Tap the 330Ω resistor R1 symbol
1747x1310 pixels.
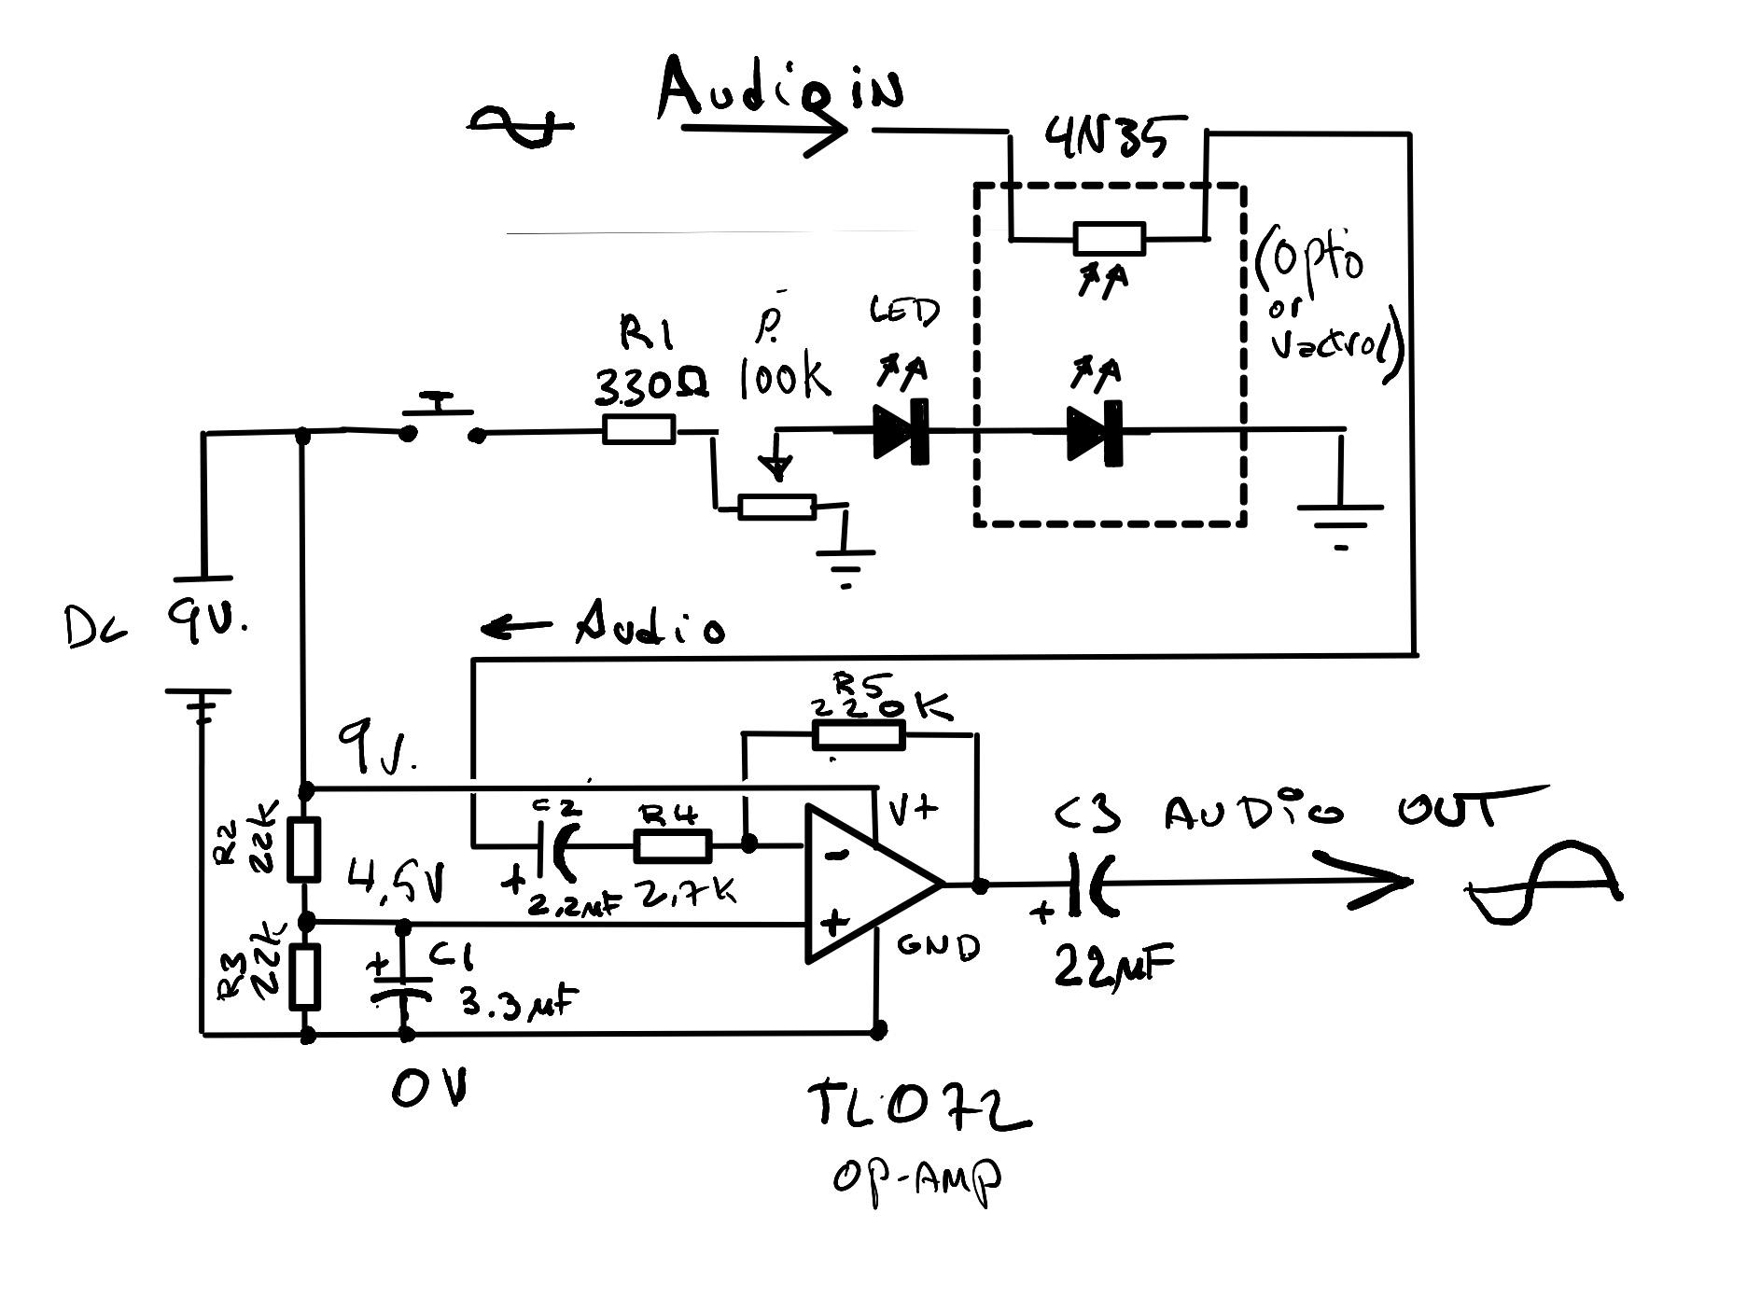638,430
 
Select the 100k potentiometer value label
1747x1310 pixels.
784,378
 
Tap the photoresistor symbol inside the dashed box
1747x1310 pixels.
1109,239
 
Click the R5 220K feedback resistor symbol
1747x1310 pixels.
859,735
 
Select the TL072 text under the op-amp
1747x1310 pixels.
919,1108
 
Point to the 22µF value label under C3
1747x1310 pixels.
1112,967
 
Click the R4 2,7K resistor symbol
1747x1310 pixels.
672,845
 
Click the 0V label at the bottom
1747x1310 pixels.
428,1088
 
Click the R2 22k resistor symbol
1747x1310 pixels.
304,849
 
